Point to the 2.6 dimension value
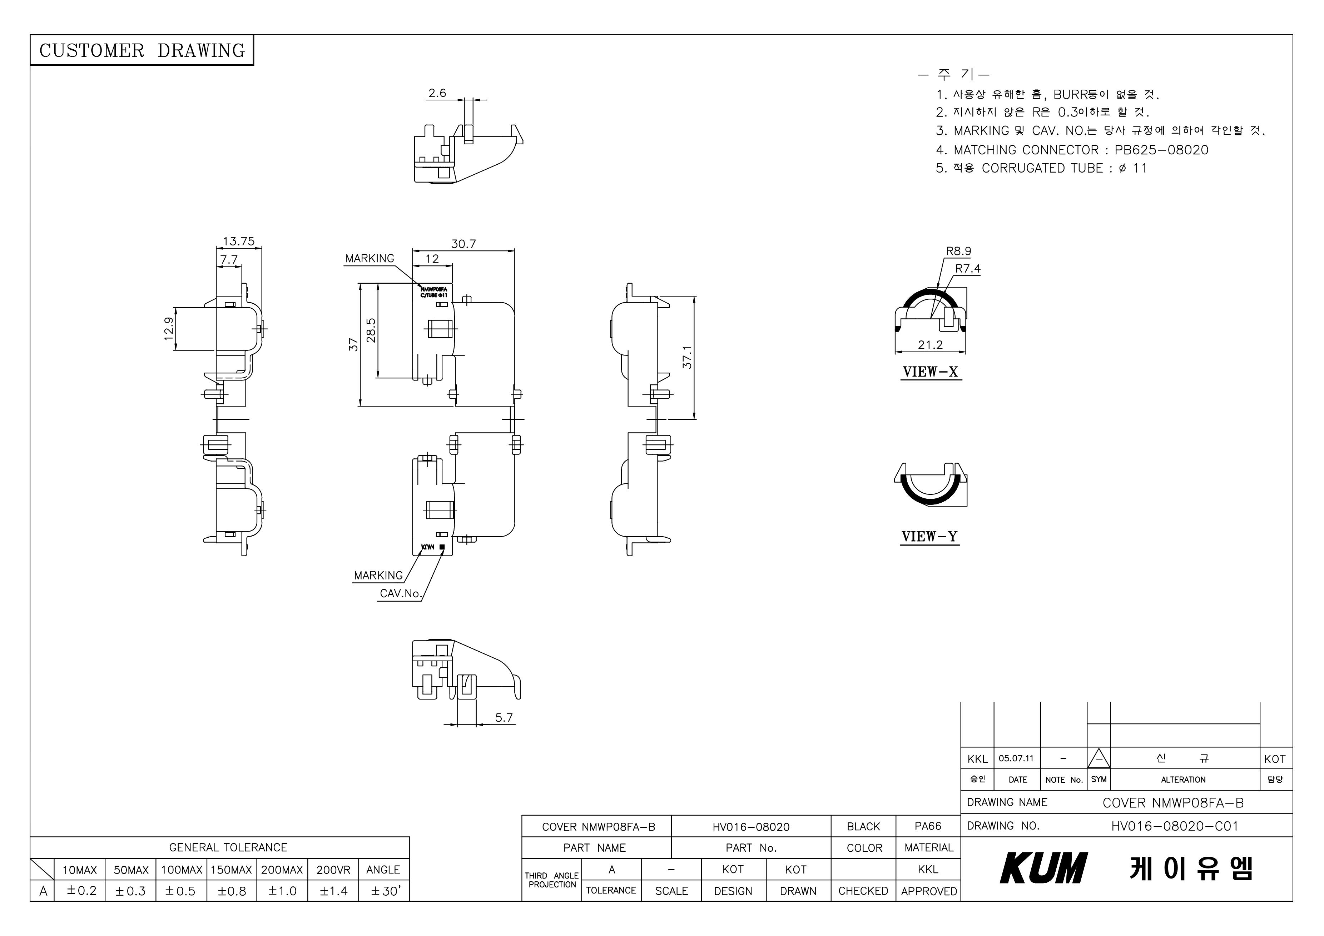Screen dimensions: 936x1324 [x=437, y=93]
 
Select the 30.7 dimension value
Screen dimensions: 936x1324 [x=463, y=244]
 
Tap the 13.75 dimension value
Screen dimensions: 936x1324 [x=238, y=242]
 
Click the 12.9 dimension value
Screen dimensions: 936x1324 [x=168, y=329]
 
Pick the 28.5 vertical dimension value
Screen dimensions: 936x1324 [x=371, y=330]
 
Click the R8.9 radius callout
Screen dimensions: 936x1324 [x=958, y=251]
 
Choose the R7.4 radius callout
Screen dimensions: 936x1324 [x=968, y=269]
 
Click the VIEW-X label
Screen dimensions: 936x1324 [x=930, y=372]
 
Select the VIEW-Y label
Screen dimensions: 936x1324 [x=929, y=537]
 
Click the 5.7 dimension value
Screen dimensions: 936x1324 [x=504, y=718]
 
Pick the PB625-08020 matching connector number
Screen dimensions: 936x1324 [x=1161, y=150]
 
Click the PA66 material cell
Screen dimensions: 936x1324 [x=928, y=826]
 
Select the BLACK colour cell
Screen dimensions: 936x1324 [x=863, y=826]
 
